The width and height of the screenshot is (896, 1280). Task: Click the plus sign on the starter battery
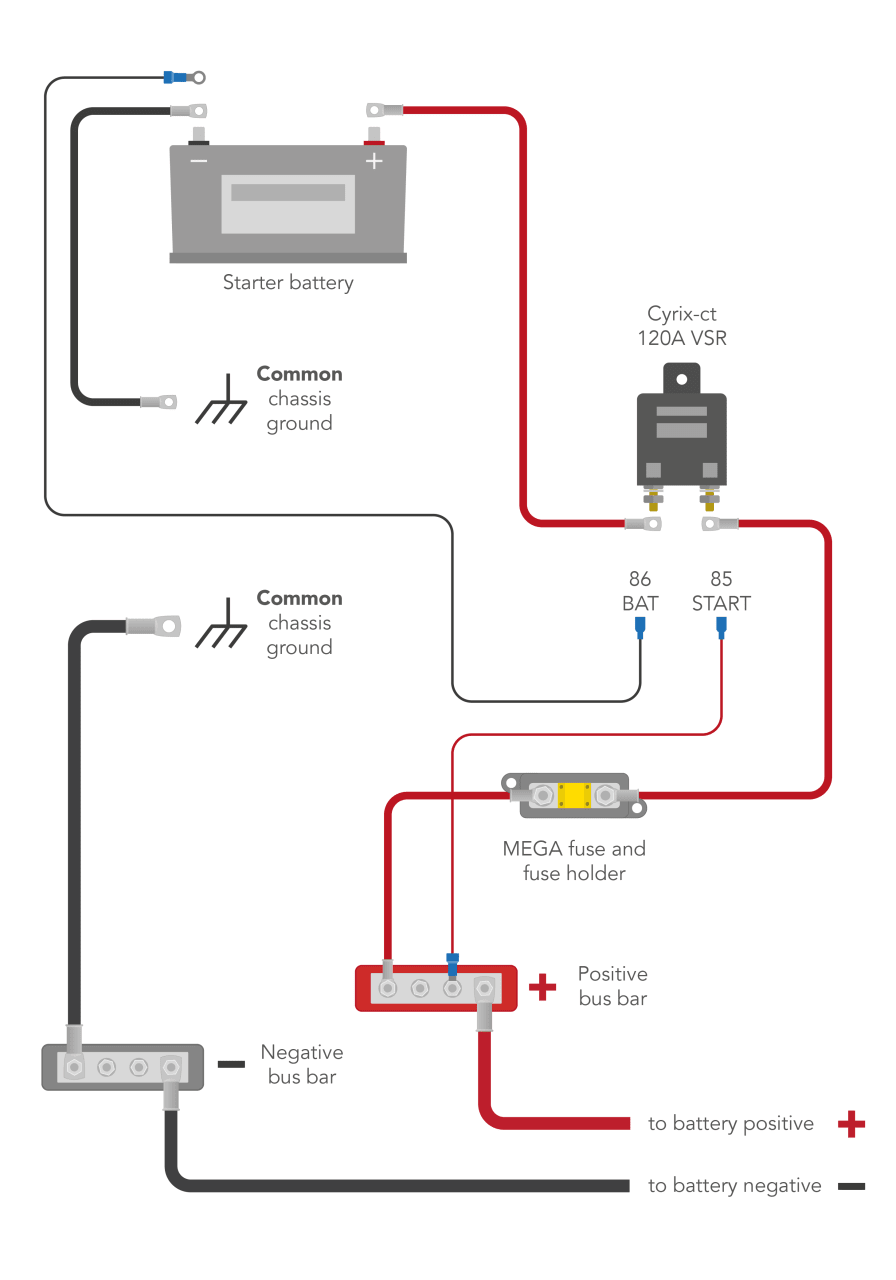pos(373,161)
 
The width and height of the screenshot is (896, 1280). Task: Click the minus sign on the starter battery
pos(199,161)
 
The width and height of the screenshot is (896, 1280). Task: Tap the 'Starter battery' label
pos(288,283)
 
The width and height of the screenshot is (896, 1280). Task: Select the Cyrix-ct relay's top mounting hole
pos(682,379)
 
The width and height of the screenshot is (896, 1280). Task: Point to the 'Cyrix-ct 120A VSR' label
pos(681,326)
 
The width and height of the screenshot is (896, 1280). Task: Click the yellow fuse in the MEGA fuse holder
pos(574,796)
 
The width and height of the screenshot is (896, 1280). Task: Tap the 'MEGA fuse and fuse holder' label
pos(574,861)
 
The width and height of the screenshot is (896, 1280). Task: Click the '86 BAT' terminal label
pos(640,591)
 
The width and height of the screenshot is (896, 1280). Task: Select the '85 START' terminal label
pos(721,591)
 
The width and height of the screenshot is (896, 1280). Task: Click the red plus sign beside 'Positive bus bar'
pos(542,988)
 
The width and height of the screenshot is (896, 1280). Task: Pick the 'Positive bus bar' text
pos(612,986)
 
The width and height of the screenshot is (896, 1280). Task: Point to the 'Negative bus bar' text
pos(301,1064)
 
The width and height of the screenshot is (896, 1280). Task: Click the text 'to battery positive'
pos(731,1124)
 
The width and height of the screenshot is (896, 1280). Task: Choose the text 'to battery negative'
pos(735,1186)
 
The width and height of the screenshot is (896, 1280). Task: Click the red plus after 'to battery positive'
pos(851,1124)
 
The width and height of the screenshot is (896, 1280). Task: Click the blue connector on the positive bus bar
pos(452,963)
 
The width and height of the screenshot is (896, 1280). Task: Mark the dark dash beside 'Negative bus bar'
pos(231,1064)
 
